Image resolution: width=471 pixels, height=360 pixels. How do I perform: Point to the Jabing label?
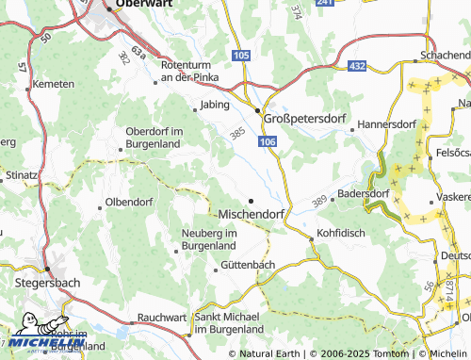[214, 106]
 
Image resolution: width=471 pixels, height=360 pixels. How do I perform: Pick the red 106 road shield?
[269, 140]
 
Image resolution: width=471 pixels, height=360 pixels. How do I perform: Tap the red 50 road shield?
[45, 39]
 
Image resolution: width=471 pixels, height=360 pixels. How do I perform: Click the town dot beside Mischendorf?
[251, 201]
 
